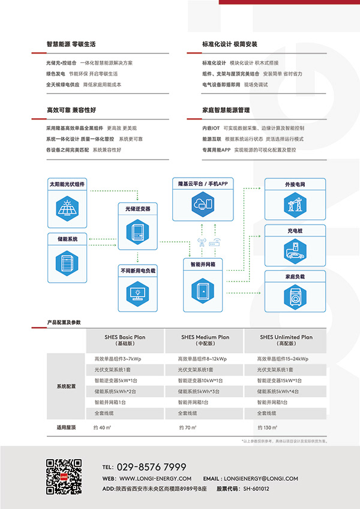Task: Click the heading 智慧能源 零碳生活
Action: (x=71, y=44)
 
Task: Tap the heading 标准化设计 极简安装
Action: (x=230, y=44)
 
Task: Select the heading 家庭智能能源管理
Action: (x=226, y=110)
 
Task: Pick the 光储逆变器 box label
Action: (x=137, y=208)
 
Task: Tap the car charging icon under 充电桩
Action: (x=295, y=249)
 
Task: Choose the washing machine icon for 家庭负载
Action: (x=295, y=297)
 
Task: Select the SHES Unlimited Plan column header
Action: (x=286, y=340)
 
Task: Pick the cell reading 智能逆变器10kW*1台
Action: (x=200, y=381)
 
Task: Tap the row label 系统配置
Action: (x=66, y=386)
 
